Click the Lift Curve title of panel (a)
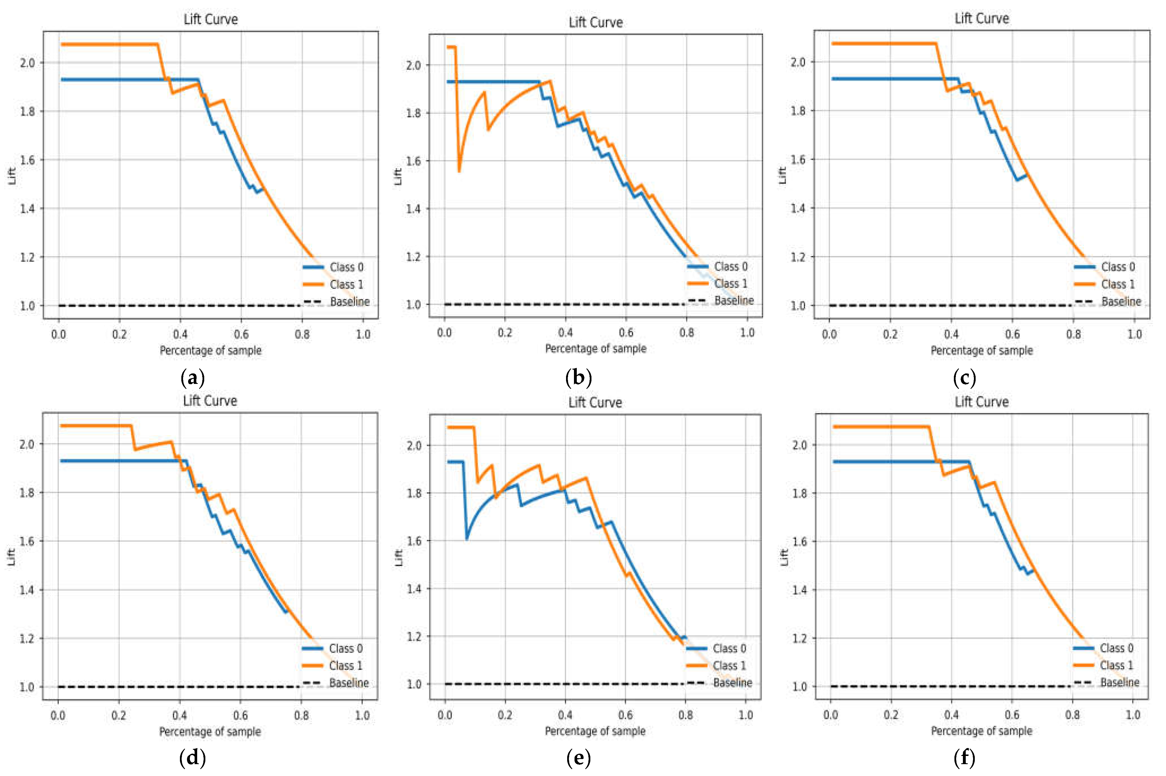click(211, 19)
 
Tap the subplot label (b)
click(578, 378)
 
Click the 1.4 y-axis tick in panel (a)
click(27, 208)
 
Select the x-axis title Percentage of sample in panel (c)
click(982, 350)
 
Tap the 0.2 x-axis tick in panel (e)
click(505, 715)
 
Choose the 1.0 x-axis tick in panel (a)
click(363, 334)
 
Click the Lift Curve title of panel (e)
click(595, 402)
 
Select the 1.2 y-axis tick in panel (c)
click(798, 257)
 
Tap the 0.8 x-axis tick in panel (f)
click(1073, 715)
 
